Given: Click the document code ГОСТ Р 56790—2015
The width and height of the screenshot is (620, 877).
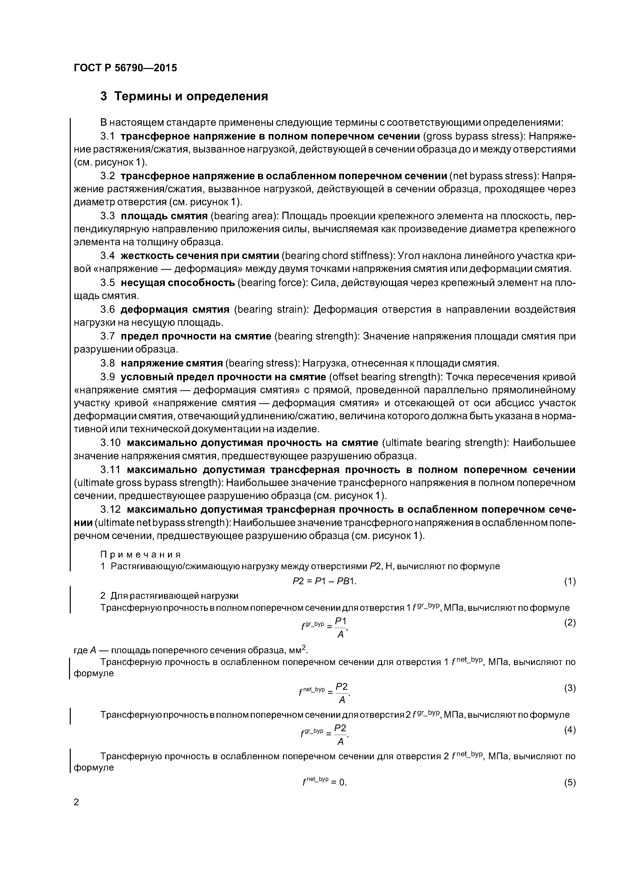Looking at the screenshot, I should tap(125, 68).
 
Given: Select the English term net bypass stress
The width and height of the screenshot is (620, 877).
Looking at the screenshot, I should tap(493, 176).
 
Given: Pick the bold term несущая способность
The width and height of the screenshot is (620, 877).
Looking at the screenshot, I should tap(178, 283).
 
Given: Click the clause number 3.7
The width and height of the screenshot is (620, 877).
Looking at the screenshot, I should tap(107, 336).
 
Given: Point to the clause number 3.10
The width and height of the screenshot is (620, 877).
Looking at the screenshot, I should tap(110, 443).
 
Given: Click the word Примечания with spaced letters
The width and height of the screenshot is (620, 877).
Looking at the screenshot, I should tap(140, 554).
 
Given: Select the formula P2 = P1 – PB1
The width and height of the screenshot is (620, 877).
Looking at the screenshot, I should tap(324, 581).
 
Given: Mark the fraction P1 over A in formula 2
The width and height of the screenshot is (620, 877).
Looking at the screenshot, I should tap(340, 628).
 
